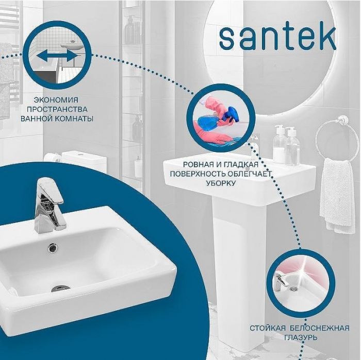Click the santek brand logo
(x=277, y=37)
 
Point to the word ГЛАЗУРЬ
(x=300, y=337)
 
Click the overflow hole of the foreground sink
(x=53, y=248)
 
